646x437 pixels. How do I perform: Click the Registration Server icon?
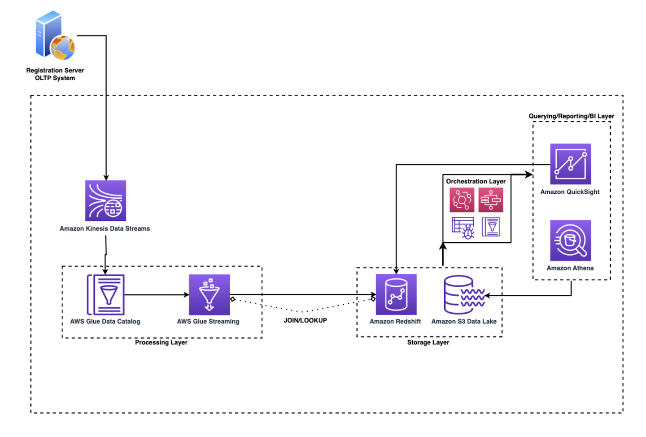pos(54,35)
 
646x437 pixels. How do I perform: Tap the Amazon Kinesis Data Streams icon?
pos(105,201)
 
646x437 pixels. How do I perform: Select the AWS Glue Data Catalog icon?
pos(105,295)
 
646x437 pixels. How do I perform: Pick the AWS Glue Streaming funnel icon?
pos(209,295)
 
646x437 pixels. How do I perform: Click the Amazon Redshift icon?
pos(396,294)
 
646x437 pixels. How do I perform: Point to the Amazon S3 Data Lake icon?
pos(464,295)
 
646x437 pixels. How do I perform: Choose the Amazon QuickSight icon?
pos(570,164)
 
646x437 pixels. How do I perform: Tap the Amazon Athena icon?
pos(570,240)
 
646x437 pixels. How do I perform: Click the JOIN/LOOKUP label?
pos(305,320)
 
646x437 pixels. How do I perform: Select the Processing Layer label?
pos(161,342)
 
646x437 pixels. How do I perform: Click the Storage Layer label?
pos(428,342)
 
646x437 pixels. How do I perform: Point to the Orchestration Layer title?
pos(476,181)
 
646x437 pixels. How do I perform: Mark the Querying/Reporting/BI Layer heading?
pos(571,116)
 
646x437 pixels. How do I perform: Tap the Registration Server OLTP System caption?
pos(55,74)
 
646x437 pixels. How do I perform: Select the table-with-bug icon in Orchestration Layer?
pos(463,227)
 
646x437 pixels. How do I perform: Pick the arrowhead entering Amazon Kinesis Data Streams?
pos(106,177)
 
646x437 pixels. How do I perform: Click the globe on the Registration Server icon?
pos(62,48)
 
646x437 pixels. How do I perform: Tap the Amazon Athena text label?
pos(570,268)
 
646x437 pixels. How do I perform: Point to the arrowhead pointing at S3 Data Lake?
pos(488,295)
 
